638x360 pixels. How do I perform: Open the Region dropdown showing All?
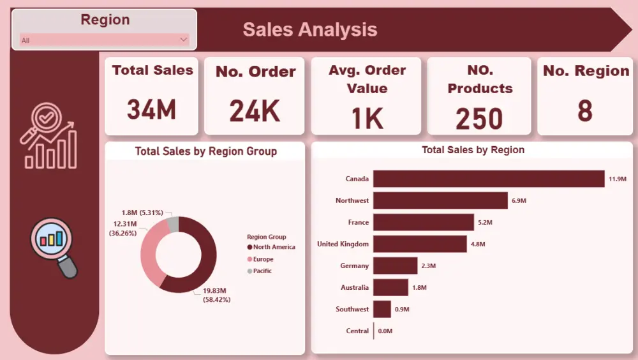click(x=105, y=40)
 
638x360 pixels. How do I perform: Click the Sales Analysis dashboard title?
click(x=310, y=29)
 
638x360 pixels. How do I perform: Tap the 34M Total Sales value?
click(x=152, y=110)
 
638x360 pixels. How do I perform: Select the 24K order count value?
click(x=255, y=112)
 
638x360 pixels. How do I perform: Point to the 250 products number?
click(x=479, y=119)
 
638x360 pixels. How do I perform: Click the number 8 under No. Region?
click(x=584, y=111)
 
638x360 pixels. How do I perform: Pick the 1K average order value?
click(x=367, y=119)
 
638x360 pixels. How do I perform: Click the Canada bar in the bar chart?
click(x=488, y=179)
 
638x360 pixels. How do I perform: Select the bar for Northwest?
click(x=440, y=200)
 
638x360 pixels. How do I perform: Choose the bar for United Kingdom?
click(x=420, y=244)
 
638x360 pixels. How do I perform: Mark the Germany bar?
click(x=395, y=266)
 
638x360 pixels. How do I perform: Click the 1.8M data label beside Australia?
click(x=419, y=288)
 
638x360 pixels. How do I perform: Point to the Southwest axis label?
click(x=352, y=309)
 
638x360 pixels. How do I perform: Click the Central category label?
click(x=357, y=331)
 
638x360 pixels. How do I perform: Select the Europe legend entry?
click(x=263, y=259)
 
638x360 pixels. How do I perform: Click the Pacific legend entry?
click(x=262, y=271)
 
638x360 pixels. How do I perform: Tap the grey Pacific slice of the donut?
click(x=173, y=224)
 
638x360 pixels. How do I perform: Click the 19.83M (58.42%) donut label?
click(x=216, y=295)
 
